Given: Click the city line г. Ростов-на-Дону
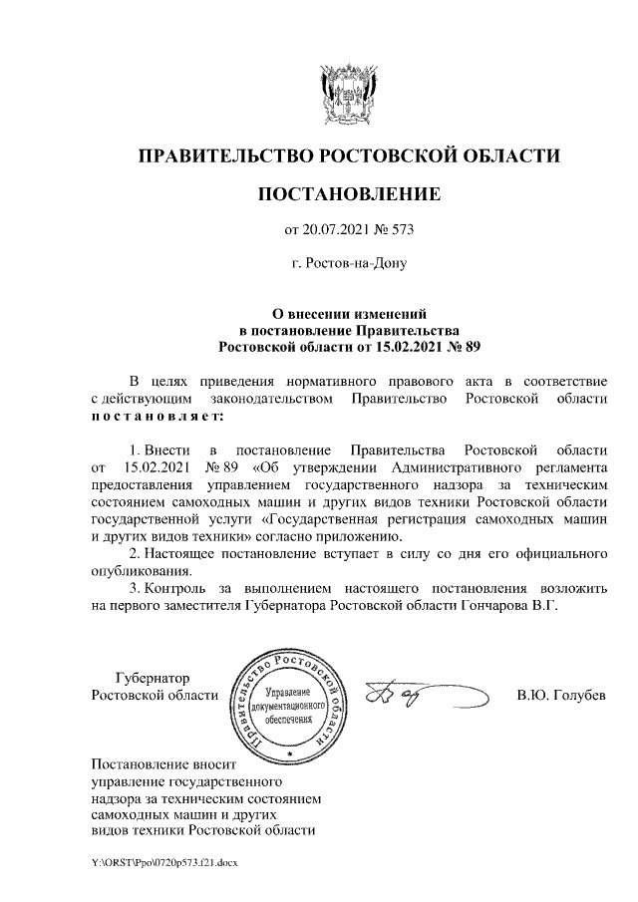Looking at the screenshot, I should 348,265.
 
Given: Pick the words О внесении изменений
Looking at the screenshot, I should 349,312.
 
